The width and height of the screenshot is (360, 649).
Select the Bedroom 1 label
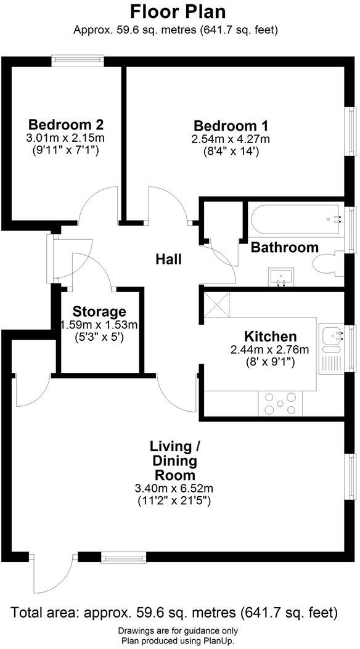pos(231,124)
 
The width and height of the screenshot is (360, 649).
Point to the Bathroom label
pos(284,248)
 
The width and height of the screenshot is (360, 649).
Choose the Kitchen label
pos(271,337)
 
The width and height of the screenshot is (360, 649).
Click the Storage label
pos(99,311)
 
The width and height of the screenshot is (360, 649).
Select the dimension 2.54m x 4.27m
pos(231,139)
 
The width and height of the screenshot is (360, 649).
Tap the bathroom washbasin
pos(282,276)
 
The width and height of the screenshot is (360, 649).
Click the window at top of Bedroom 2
pos(77,60)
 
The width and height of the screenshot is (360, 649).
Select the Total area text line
pos(174,613)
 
